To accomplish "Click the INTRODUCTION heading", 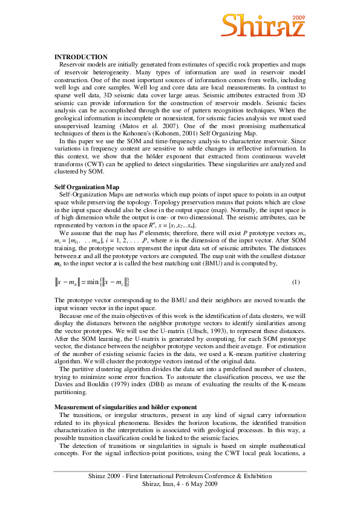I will [81, 56].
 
